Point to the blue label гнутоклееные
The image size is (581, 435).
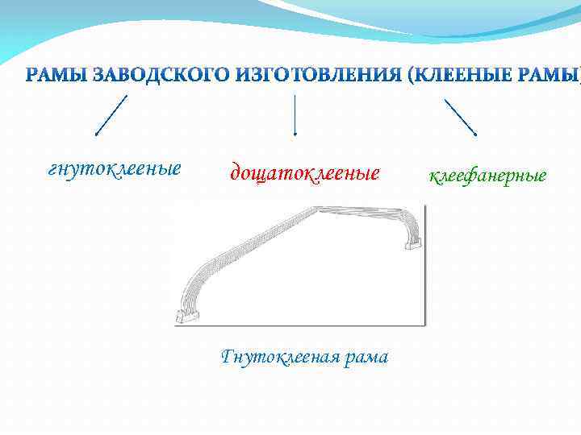[x=115, y=170]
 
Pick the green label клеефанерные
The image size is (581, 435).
[x=487, y=175]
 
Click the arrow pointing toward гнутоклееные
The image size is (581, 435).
[x=111, y=114]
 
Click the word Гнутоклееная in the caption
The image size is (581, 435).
[x=270, y=356]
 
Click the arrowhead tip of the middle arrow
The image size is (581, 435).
[x=295, y=134]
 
